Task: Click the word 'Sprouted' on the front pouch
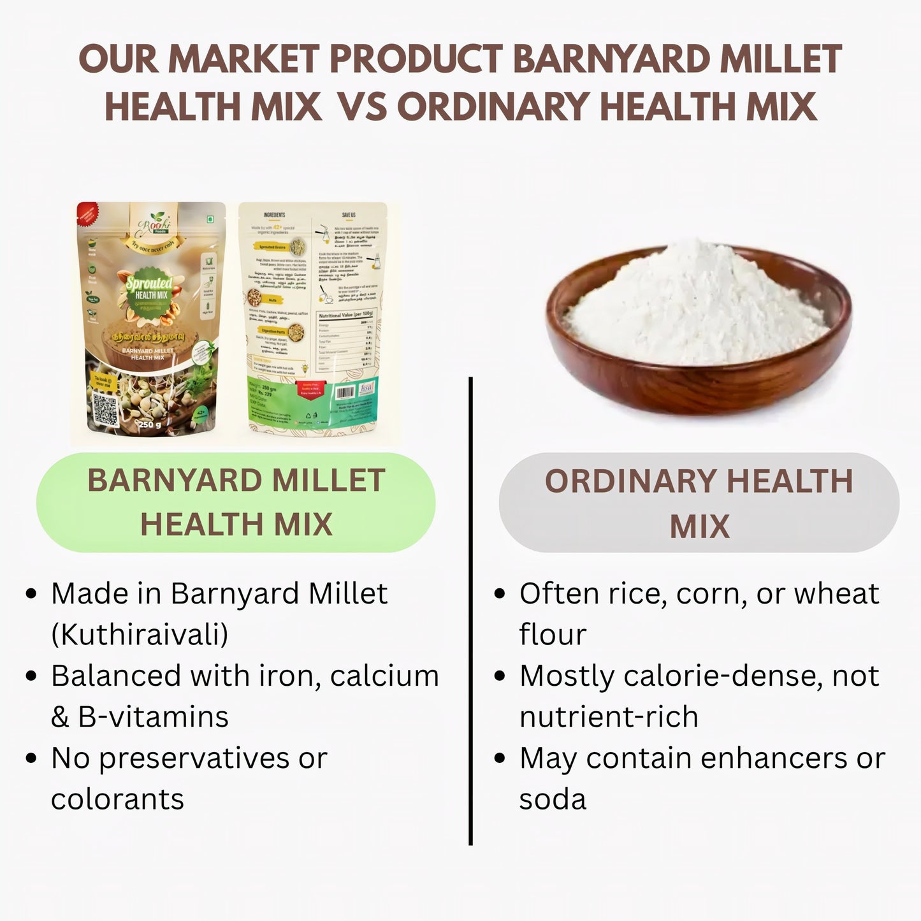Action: pyautogui.click(x=149, y=283)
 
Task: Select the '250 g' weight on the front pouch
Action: pyautogui.click(x=150, y=424)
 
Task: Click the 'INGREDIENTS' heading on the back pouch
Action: pyautogui.click(x=274, y=215)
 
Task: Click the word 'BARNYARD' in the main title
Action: pyautogui.click(x=611, y=59)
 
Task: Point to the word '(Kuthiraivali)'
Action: pyautogui.click(x=140, y=634)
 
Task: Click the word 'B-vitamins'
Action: pyautogui.click(x=153, y=716)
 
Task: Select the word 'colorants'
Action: pyautogui.click(x=117, y=799)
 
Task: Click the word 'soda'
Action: pyautogui.click(x=552, y=799)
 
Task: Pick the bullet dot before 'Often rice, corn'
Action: pyautogui.click(x=500, y=594)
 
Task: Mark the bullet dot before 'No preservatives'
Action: pyautogui.click(x=31, y=758)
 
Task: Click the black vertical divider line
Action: pyautogui.click(x=470, y=612)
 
